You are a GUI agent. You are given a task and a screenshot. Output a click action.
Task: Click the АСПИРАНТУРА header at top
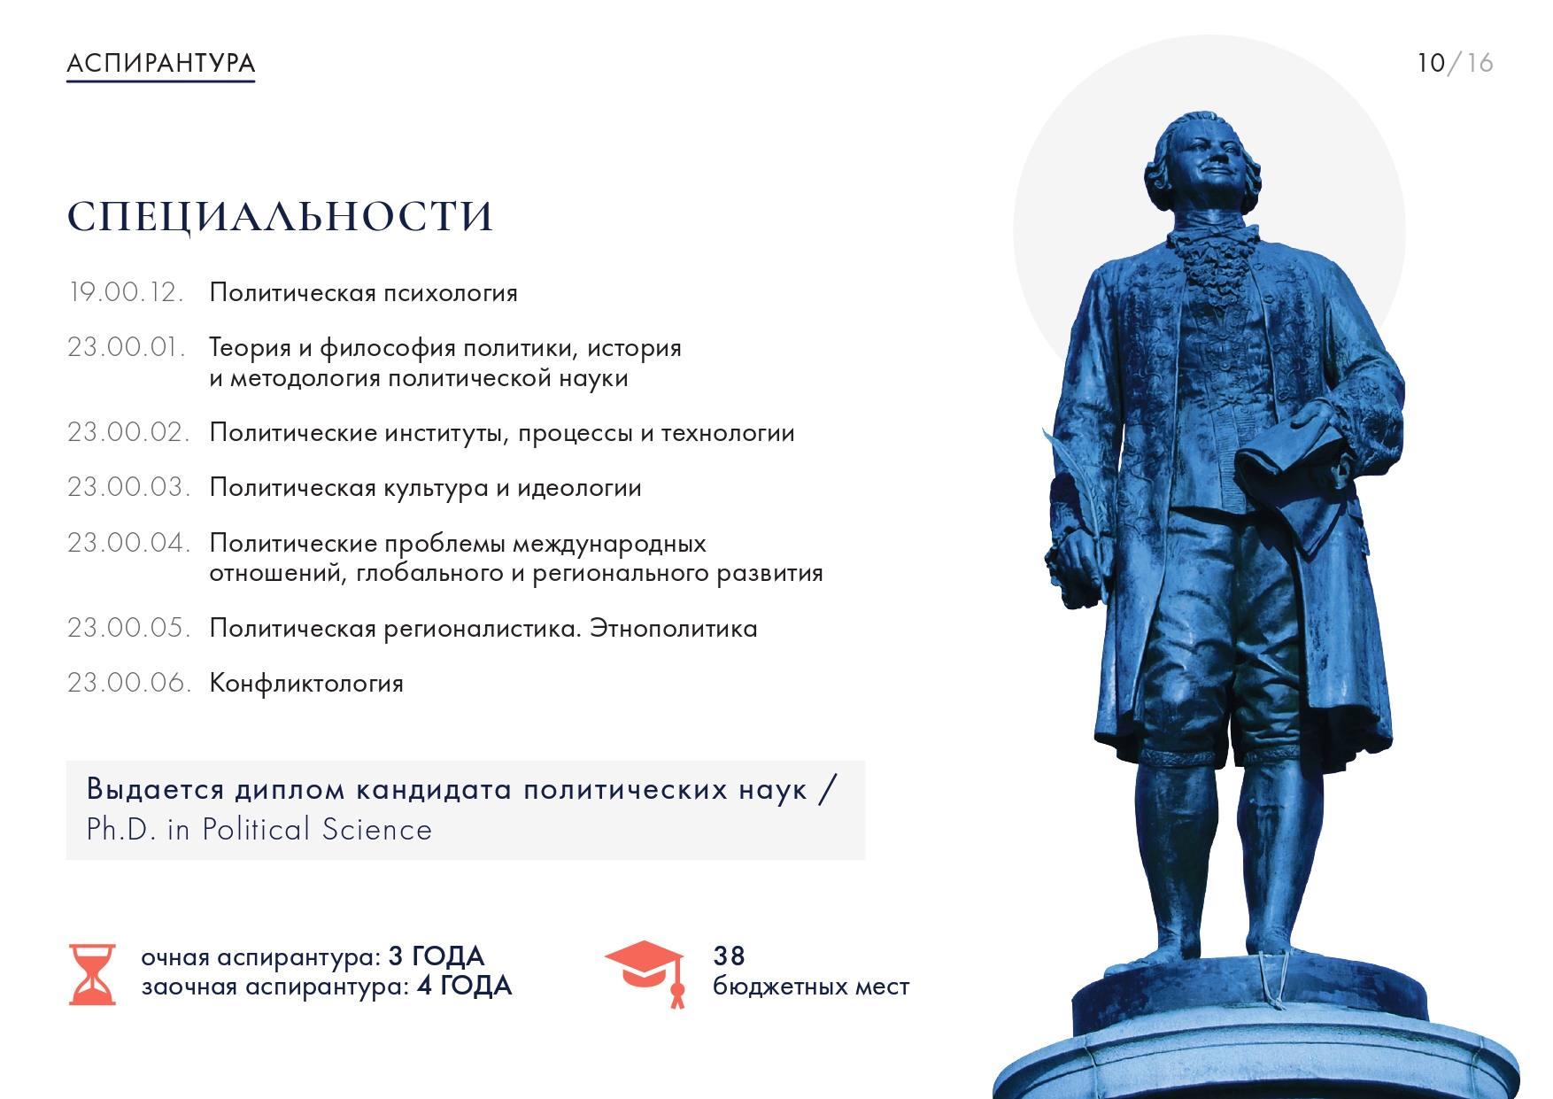click(x=161, y=63)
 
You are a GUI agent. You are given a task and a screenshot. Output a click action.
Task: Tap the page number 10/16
click(x=1455, y=63)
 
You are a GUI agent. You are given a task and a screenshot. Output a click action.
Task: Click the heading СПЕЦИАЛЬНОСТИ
click(x=280, y=217)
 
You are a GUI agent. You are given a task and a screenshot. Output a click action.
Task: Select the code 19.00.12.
click(x=127, y=292)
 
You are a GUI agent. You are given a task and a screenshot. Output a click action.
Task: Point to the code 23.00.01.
click(x=127, y=347)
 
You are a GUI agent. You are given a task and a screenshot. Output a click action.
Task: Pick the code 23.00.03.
click(x=129, y=487)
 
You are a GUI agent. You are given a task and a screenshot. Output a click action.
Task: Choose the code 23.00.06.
click(x=129, y=683)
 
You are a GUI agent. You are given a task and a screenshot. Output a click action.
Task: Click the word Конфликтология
click(x=306, y=684)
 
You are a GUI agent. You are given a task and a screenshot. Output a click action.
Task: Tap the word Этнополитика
click(x=674, y=629)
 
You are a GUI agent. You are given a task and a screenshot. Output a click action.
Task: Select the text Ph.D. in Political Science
click(x=259, y=830)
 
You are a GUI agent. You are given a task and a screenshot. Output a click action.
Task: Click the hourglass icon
click(x=92, y=974)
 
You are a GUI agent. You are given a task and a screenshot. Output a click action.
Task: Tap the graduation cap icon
click(x=646, y=972)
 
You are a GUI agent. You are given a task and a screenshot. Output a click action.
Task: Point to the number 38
click(x=729, y=956)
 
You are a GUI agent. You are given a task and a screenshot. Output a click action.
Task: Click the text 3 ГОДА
click(x=437, y=956)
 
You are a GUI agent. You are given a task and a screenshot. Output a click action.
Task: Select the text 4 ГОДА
click(x=465, y=986)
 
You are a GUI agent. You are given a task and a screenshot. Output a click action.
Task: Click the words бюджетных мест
click(x=811, y=987)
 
